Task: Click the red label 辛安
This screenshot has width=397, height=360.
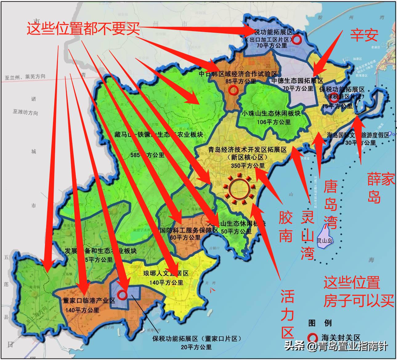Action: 364,35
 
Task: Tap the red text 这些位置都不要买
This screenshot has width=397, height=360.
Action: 83,29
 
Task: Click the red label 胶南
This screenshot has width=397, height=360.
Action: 286,227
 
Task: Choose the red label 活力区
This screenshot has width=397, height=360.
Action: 288,314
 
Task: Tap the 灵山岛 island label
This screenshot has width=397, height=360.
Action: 325,241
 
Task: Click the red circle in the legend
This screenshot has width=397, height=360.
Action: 313,337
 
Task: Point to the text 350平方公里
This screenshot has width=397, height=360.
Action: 248,166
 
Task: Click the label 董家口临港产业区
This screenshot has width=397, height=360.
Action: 89,301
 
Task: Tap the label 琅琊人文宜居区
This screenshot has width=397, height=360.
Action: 166,273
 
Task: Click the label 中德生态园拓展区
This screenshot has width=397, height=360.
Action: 297,81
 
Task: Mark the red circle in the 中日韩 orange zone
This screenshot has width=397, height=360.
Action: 233,90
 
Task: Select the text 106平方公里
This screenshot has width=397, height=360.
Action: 274,122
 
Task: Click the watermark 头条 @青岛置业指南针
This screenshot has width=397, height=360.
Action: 336,346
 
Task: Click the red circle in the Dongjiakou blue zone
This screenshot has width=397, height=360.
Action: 122,295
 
